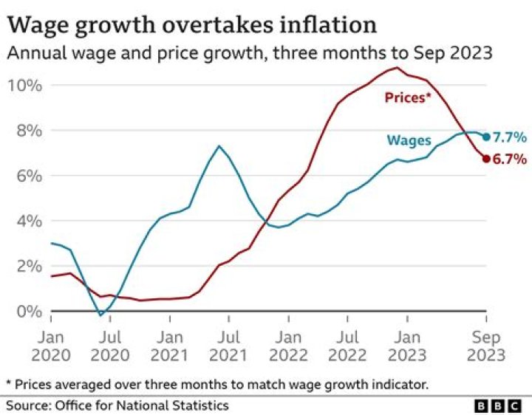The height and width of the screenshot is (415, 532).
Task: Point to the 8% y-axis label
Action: point(25,131)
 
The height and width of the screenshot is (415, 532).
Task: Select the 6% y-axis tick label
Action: point(25,176)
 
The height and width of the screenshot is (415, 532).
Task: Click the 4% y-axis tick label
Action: point(25,221)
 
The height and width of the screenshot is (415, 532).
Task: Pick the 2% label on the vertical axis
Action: point(25,266)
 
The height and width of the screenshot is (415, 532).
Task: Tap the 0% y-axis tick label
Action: point(25,311)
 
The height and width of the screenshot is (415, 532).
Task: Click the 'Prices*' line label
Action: point(407,97)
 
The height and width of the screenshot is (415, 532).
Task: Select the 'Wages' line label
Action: point(409,140)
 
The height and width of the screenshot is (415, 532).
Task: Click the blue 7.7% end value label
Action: point(510,137)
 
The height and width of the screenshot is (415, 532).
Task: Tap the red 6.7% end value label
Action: point(510,158)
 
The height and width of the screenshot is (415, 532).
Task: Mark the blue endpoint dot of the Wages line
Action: point(486,137)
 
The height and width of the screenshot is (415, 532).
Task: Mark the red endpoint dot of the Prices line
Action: point(486,158)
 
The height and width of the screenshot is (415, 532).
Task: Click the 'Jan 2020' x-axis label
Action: point(51,346)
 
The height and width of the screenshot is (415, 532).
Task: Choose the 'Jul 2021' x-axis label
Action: point(228,346)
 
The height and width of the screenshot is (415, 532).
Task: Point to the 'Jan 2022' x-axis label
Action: point(288,346)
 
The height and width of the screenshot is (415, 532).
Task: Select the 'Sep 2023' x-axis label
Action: point(485,346)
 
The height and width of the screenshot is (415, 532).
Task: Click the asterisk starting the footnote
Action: point(9,383)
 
